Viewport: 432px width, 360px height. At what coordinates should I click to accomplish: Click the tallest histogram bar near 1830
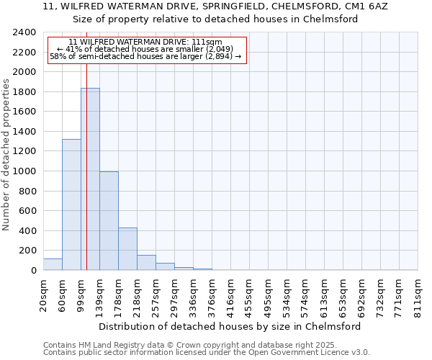(90, 180)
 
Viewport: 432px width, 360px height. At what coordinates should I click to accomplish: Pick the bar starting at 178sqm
(127, 249)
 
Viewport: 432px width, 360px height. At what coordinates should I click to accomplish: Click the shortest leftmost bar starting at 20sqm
(53, 264)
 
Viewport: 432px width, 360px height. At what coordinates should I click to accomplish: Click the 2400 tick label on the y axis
(24, 32)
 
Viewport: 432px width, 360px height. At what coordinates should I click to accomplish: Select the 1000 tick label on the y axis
(24, 171)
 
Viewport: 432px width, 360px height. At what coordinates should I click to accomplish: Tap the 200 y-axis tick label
(27, 251)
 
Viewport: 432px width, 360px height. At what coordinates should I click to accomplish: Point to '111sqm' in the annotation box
(207, 42)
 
